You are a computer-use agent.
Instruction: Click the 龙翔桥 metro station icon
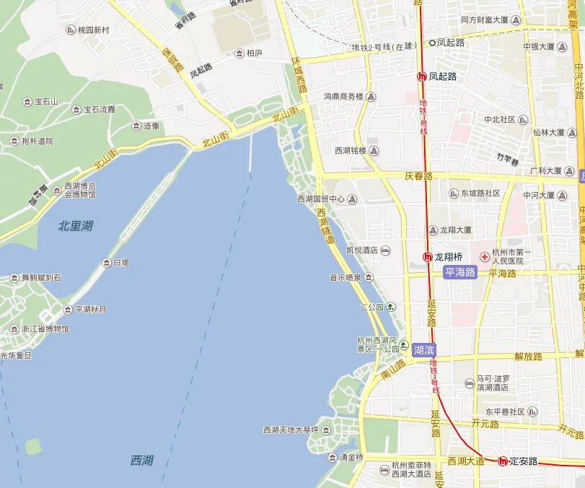[x=426, y=257]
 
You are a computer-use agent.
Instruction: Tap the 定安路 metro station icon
[x=503, y=461]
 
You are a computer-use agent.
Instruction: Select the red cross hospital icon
[x=485, y=256]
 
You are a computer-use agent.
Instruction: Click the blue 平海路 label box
[x=460, y=272]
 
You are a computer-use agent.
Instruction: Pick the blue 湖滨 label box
[x=423, y=349]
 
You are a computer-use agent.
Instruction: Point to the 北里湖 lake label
[x=75, y=226]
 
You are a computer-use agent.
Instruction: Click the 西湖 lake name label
[x=142, y=460]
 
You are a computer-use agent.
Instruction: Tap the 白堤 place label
[x=120, y=263]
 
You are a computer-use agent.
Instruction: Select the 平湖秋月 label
[x=91, y=310]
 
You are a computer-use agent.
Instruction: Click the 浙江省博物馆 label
[x=45, y=329]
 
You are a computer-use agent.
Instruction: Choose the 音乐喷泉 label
[x=346, y=277]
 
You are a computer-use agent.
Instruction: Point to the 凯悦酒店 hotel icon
[x=385, y=250]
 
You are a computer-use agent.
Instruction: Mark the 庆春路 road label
[x=418, y=175]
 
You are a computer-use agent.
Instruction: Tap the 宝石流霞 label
[x=100, y=110]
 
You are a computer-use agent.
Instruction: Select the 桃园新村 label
[x=94, y=30]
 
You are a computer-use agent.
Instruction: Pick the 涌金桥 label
[x=351, y=457]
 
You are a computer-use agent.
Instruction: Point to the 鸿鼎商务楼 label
[x=343, y=97]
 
